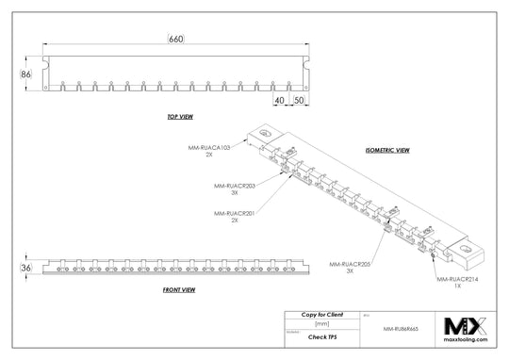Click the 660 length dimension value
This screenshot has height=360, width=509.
(175, 39)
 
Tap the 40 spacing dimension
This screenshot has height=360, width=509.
(279, 99)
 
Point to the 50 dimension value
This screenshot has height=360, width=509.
(298, 99)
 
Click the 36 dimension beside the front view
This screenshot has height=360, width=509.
(25, 268)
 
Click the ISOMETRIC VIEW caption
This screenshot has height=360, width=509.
(386, 150)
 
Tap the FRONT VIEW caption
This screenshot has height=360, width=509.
(178, 288)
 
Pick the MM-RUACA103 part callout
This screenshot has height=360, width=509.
(209, 149)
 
